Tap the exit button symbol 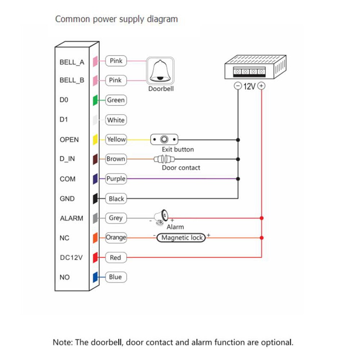click(x=164, y=139)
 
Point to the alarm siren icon click(x=161, y=217)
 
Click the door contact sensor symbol click(x=164, y=159)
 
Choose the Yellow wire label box click(x=116, y=139)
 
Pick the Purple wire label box click(x=116, y=179)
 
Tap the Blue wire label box click(x=116, y=277)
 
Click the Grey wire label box click(x=116, y=218)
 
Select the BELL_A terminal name click(x=72, y=62)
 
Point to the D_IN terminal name click(x=67, y=159)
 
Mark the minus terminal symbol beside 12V click(x=238, y=86)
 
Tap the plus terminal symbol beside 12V click(x=262, y=86)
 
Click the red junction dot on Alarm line click(x=262, y=218)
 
